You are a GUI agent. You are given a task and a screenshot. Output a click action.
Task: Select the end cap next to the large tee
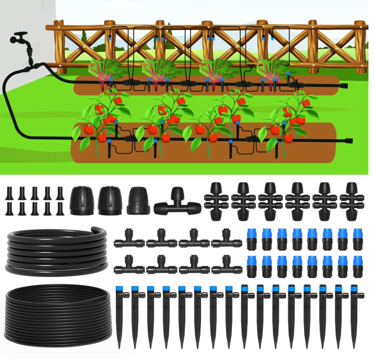click(138, 201)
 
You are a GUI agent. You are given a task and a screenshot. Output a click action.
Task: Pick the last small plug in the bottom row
click(60, 209)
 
